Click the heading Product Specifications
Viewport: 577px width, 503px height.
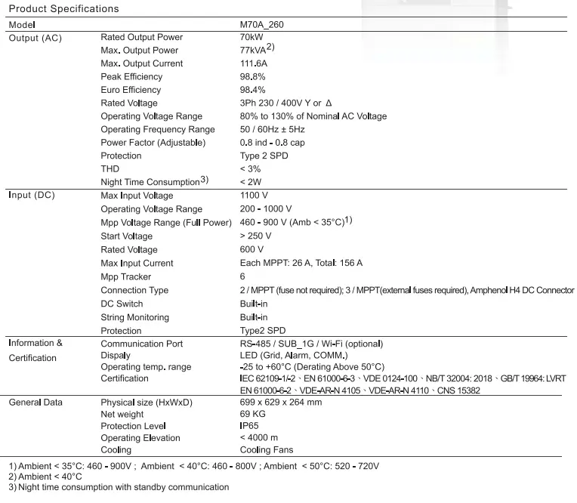point(63,9)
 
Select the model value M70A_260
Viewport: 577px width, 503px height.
point(262,24)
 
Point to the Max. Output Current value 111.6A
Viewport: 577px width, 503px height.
point(254,63)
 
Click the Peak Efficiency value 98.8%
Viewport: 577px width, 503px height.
point(253,77)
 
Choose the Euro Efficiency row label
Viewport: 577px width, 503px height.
point(131,90)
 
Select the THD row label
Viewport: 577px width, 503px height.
point(110,169)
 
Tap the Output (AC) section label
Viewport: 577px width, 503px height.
point(35,38)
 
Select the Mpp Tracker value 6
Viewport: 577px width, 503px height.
point(242,276)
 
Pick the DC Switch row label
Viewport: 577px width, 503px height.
point(122,304)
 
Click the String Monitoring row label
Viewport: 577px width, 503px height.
point(134,317)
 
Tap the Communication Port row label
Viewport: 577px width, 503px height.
point(141,344)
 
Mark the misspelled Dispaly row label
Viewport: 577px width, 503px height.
point(116,355)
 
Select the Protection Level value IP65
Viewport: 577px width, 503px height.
point(250,426)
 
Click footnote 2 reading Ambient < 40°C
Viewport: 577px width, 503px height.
point(45,477)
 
